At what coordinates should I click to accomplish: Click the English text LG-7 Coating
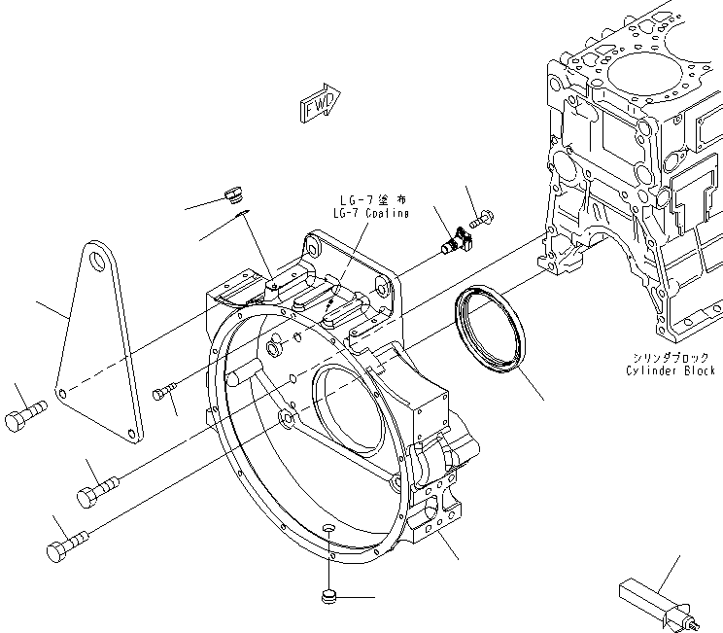pyautogui.click(x=370, y=213)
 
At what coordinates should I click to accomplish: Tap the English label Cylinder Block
pyautogui.click(x=671, y=370)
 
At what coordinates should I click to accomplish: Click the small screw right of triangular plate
pyautogui.click(x=163, y=392)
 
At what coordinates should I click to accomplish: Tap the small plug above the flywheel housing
pyautogui.click(x=232, y=194)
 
